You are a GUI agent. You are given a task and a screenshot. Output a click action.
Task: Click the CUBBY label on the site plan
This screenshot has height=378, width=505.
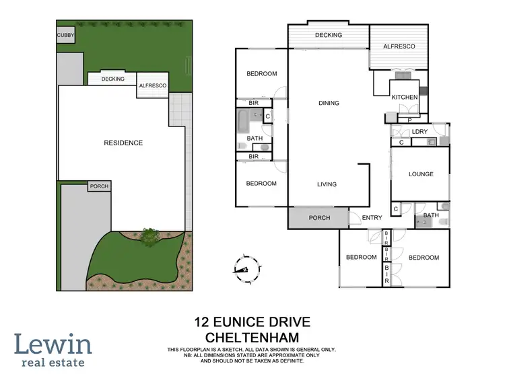pos(66,35)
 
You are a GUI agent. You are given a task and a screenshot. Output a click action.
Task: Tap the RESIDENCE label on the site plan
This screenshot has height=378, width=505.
pos(123,143)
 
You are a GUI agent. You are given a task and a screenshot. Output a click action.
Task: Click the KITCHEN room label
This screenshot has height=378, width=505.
pos(405,98)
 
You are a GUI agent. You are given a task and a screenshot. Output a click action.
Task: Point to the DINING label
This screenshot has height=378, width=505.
pos(329,103)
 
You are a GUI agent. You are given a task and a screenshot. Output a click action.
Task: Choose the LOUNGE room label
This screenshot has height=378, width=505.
pos(421,174)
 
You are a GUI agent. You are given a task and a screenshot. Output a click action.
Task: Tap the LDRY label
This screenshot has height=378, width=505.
pos(421,131)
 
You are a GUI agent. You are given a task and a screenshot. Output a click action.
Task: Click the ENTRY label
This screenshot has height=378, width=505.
pos(372,217)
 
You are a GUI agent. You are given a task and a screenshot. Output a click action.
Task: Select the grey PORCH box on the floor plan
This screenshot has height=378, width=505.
pos(318,218)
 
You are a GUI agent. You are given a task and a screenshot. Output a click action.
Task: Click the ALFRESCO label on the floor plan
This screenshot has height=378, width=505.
pos(399,46)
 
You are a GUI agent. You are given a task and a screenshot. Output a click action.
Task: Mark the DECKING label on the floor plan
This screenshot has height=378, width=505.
pos(328,35)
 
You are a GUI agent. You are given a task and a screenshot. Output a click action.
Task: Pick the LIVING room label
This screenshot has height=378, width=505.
pos(327,184)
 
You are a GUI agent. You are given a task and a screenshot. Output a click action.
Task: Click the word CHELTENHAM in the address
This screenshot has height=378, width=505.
pos(253,336)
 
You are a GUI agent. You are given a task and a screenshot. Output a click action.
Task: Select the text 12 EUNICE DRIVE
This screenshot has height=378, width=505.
pos(253,322)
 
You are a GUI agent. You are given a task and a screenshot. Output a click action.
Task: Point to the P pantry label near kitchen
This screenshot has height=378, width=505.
pos(409,120)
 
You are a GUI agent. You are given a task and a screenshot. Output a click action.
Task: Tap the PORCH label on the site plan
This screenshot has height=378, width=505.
pos(98,186)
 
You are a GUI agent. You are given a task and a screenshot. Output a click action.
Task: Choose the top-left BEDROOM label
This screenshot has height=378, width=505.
pos(261,74)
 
